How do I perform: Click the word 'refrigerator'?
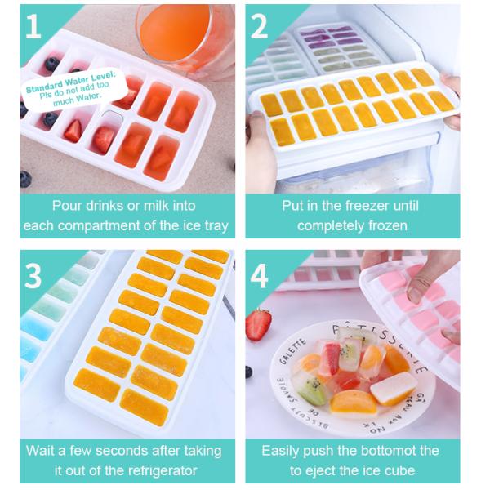[x=160, y=470]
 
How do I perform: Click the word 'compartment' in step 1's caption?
[x=110, y=225]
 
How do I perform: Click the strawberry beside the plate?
[x=258, y=324]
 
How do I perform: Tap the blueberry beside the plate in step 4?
[x=248, y=372]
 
